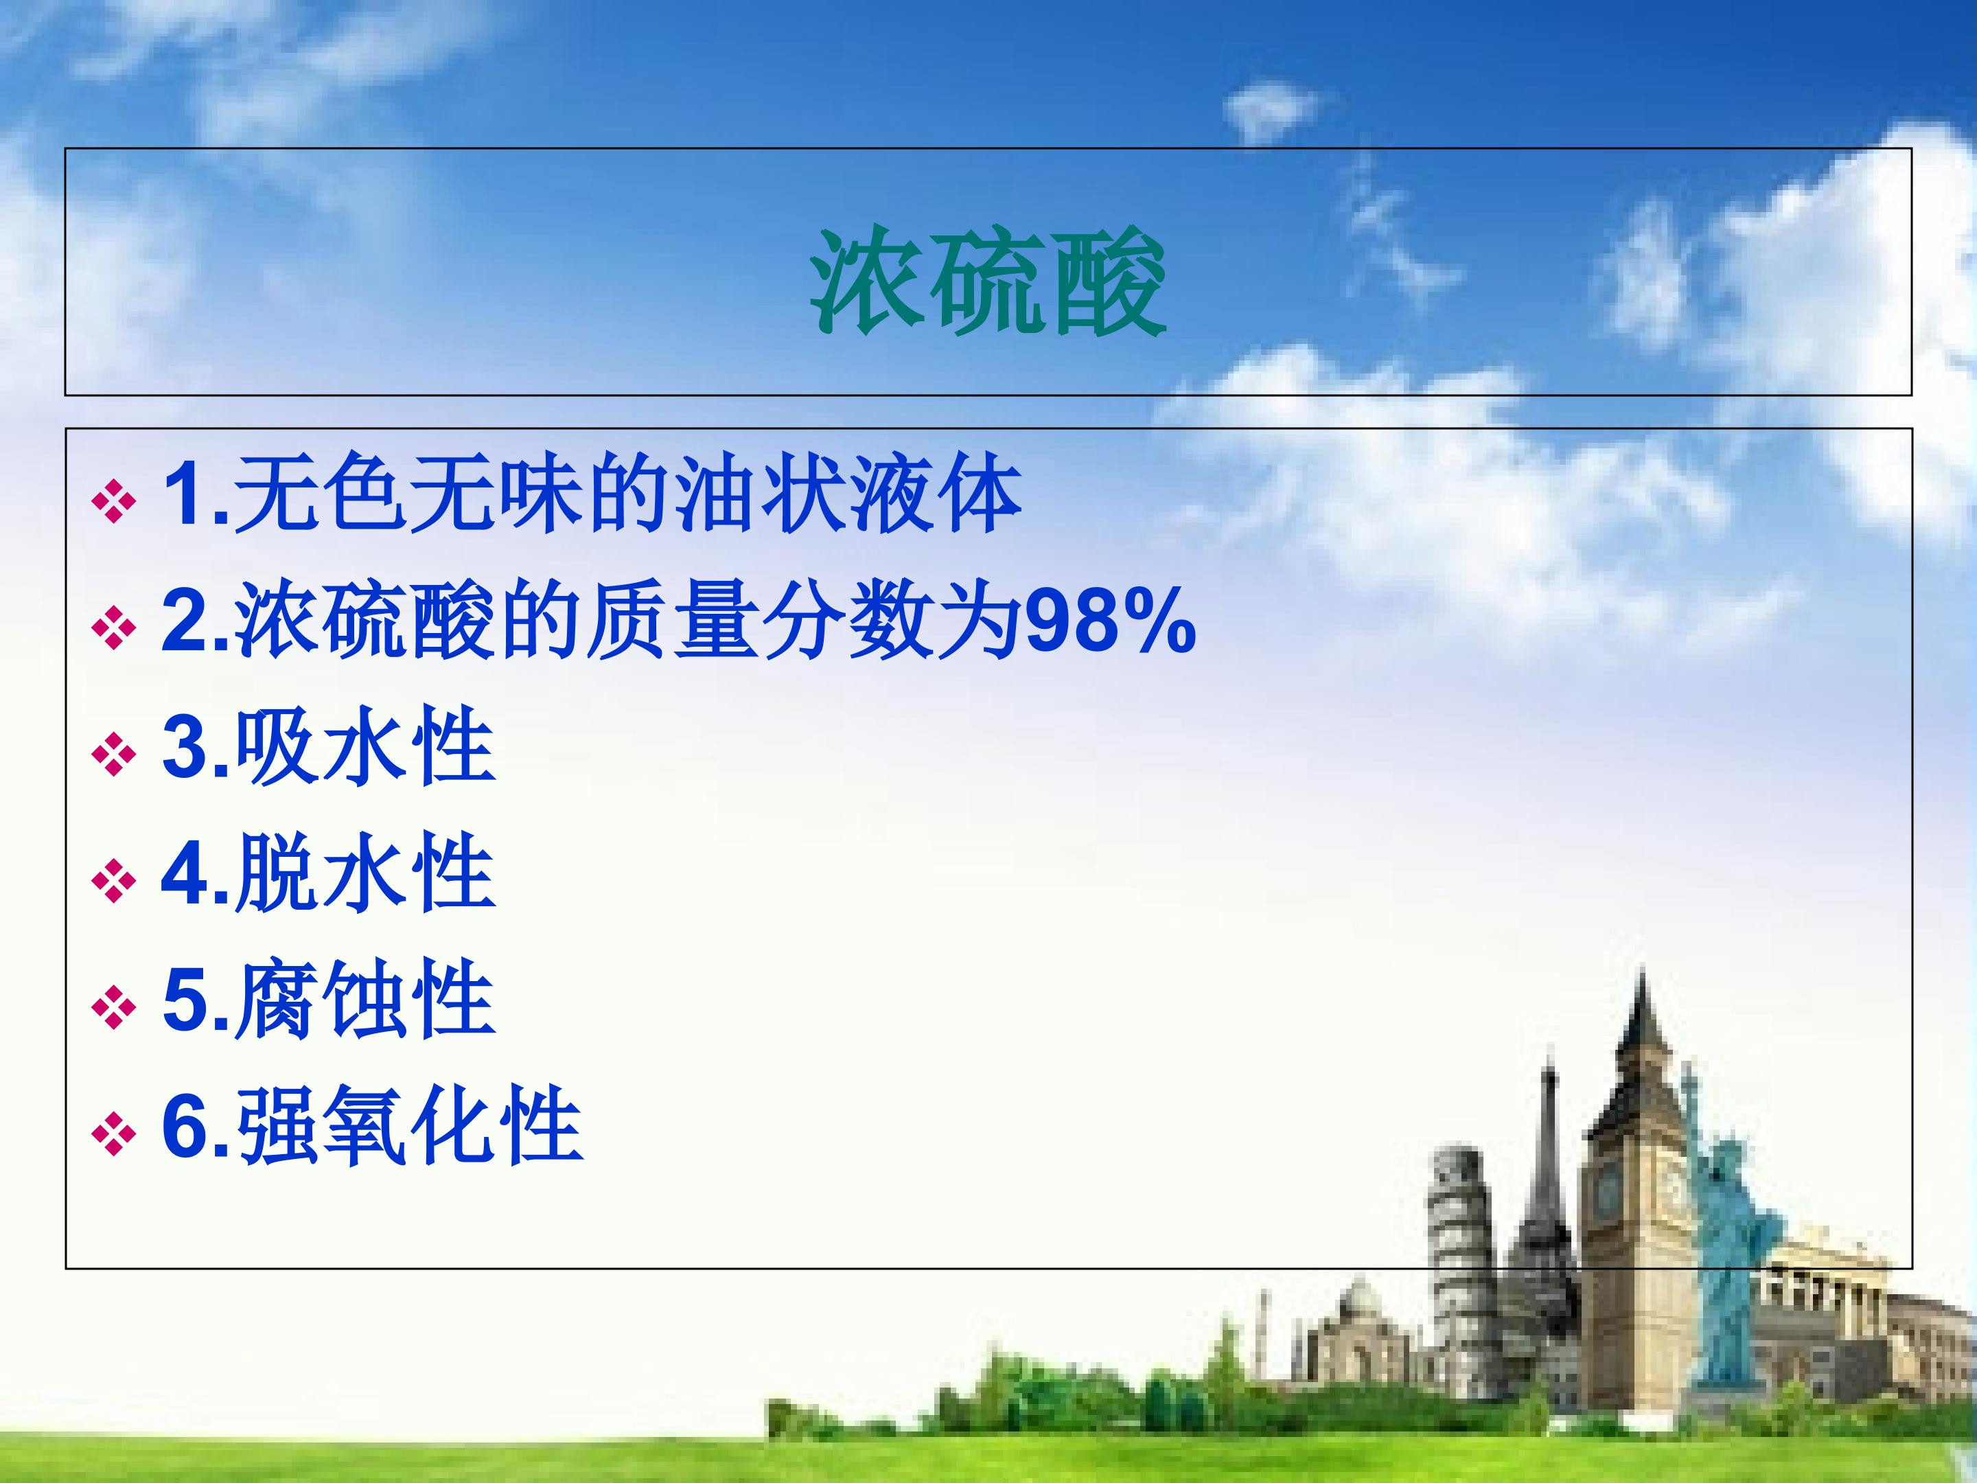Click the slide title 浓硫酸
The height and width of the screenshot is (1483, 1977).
click(988, 281)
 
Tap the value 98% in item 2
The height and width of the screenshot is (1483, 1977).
click(1110, 621)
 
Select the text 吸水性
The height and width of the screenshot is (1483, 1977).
click(365, 746)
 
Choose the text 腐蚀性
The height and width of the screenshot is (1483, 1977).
click(365, 998)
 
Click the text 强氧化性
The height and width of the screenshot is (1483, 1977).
click(408, 1125)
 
